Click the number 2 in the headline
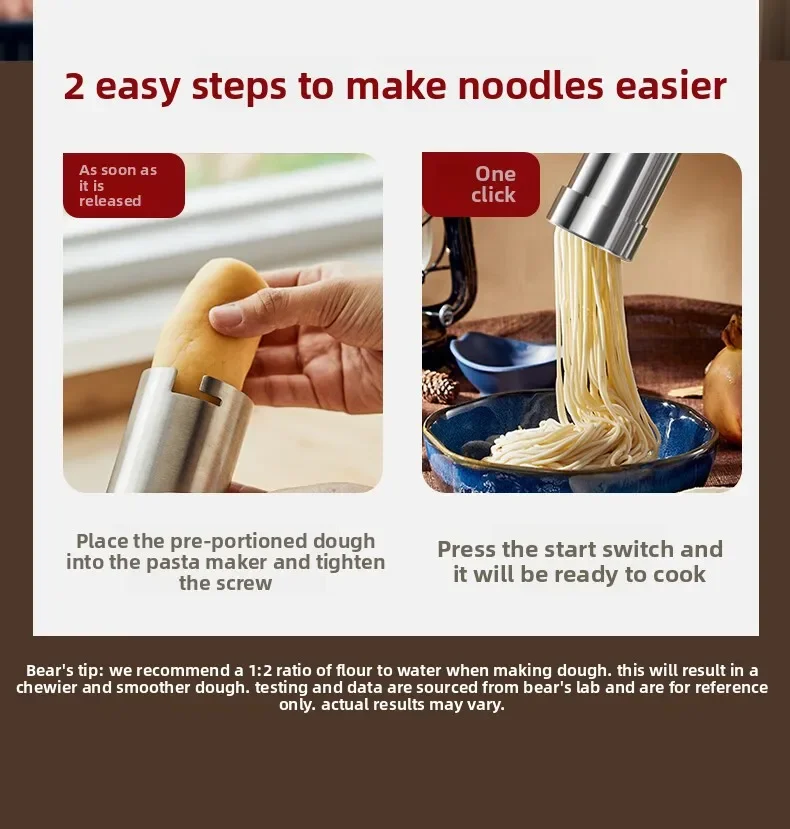(74, 87)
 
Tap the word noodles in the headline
(530, 86)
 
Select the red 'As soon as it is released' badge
(124, 186)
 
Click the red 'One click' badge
(481, 185)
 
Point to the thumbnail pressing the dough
(227, 315)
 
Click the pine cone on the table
(440, 385)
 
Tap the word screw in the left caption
(246, 583)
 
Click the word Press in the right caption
(467, 550)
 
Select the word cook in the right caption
(679, 574)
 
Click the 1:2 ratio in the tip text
(260, 670)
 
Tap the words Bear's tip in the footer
(66, 670)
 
